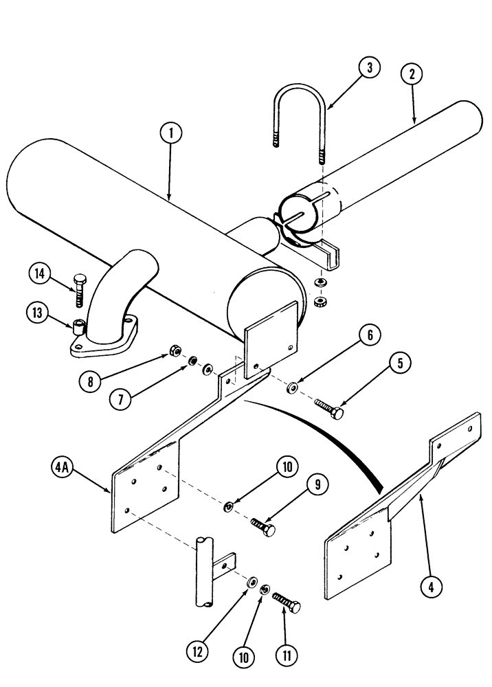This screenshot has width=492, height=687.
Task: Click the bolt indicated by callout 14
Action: pyautogui.click(x=78, y=289)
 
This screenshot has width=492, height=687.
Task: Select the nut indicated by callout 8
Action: pyautogui.click(x=177, y=352)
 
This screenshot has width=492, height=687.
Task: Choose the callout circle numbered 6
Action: pyautogui.click(x=369, y=336)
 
